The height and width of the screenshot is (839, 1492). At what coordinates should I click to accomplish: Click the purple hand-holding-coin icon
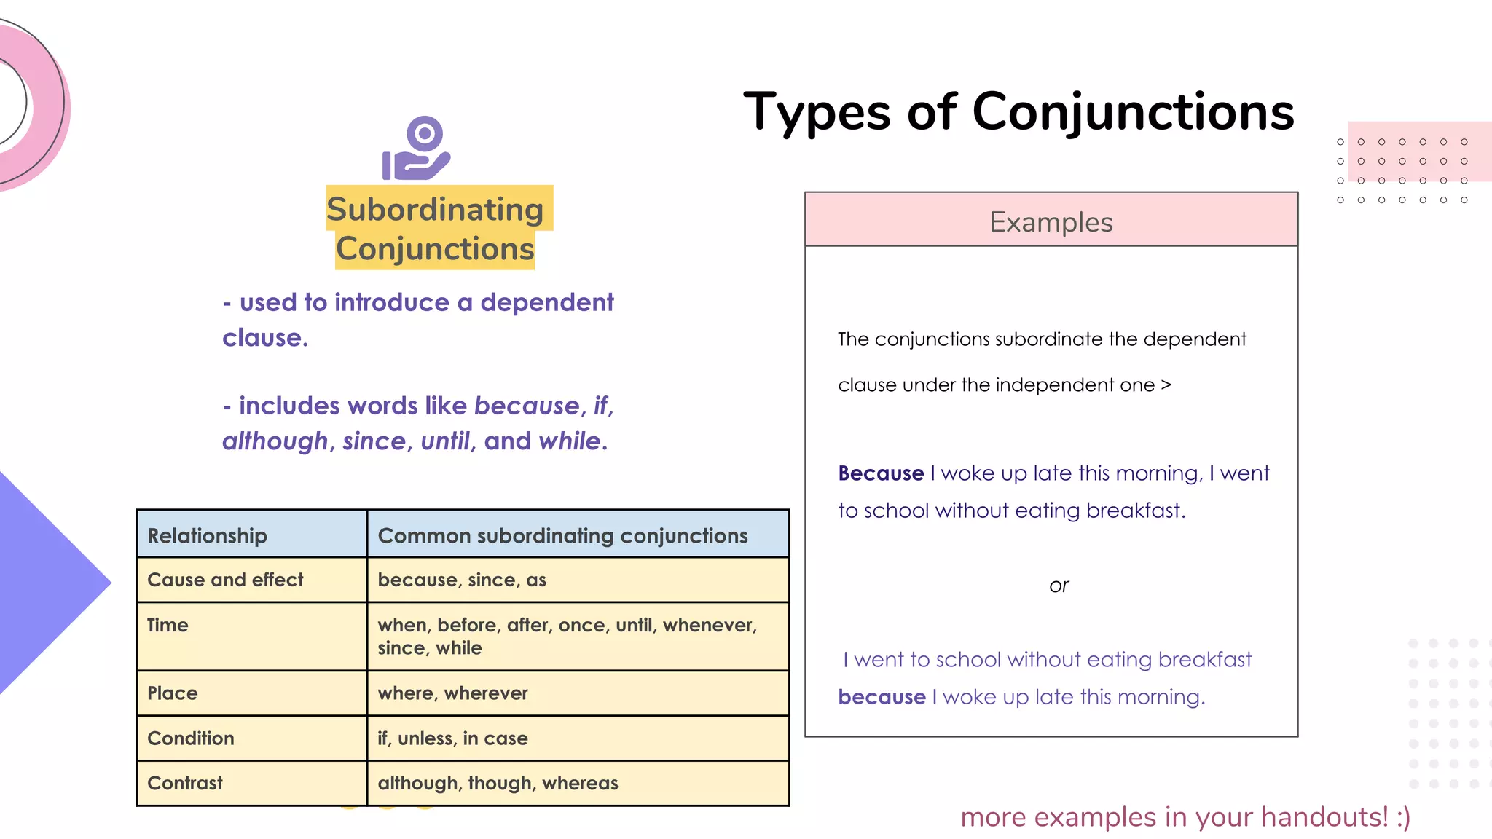pos(417,149)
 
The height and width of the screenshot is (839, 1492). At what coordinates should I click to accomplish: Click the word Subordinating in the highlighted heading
pos(435,210)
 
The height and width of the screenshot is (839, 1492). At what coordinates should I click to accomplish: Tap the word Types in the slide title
pos(817,112)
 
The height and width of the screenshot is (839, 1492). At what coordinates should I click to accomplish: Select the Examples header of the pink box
pos(1051,221)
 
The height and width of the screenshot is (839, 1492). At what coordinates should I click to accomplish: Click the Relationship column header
pos(208,535)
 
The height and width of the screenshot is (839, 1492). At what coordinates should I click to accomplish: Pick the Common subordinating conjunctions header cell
pos(562,535)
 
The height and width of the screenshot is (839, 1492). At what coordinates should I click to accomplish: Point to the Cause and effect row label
pos(225,580)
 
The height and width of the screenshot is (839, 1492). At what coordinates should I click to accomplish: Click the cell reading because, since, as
pos(462,580)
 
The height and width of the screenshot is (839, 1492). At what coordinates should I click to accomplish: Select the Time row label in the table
pos(168,625)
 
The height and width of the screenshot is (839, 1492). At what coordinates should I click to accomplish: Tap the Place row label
pos(173,693)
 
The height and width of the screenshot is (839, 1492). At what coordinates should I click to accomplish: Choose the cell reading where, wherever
pos(452,693)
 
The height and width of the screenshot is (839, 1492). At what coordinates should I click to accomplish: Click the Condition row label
pos(191,738)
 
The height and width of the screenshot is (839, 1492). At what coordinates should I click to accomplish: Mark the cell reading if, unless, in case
pos(452,738)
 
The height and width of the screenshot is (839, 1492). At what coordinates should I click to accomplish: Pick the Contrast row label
pos(185,783)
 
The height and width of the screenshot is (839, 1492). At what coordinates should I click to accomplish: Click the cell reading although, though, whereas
pos(498,783)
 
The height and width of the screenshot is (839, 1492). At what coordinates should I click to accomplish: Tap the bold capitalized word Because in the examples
pos(881,473)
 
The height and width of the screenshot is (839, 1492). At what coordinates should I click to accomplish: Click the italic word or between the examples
pos(1059,586)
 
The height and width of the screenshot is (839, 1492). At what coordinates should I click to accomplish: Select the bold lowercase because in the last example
pos(882,697)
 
